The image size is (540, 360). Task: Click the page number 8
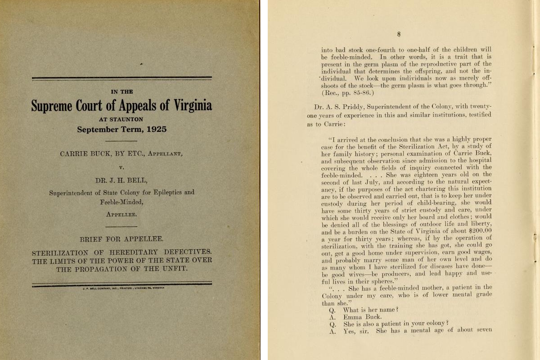pos(399,34)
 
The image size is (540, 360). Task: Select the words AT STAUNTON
pos(121,120)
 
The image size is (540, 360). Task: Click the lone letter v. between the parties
pos(121,167)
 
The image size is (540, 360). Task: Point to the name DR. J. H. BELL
pos(121,181)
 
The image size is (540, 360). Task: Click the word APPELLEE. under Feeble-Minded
pos(121,214)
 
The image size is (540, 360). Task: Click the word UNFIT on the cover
pos(173,269)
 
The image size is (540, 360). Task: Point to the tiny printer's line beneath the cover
pos(121,288)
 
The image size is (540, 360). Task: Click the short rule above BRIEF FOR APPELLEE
pos(121,226)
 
